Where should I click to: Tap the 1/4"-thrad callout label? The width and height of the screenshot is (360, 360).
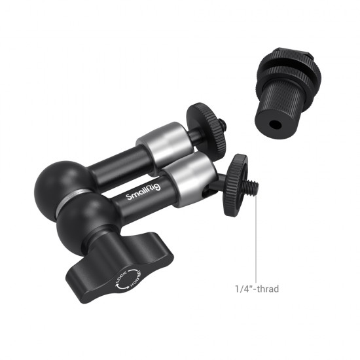[x=260, y=287]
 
